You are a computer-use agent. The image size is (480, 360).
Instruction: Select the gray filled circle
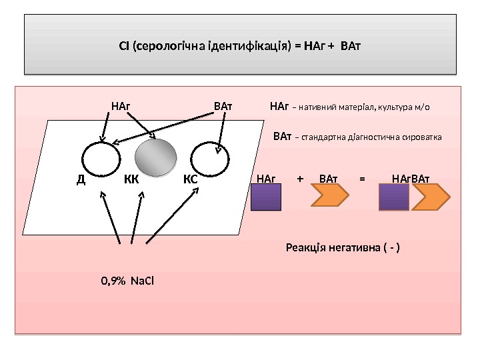point(155,158)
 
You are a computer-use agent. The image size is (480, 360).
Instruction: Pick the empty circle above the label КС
point(209,159)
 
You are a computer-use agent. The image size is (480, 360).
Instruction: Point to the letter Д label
point(81,179)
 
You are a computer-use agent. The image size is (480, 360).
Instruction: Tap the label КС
point(190,179)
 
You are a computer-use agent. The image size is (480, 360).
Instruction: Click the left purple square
point(266,199)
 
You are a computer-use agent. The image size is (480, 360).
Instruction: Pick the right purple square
point(394,199)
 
